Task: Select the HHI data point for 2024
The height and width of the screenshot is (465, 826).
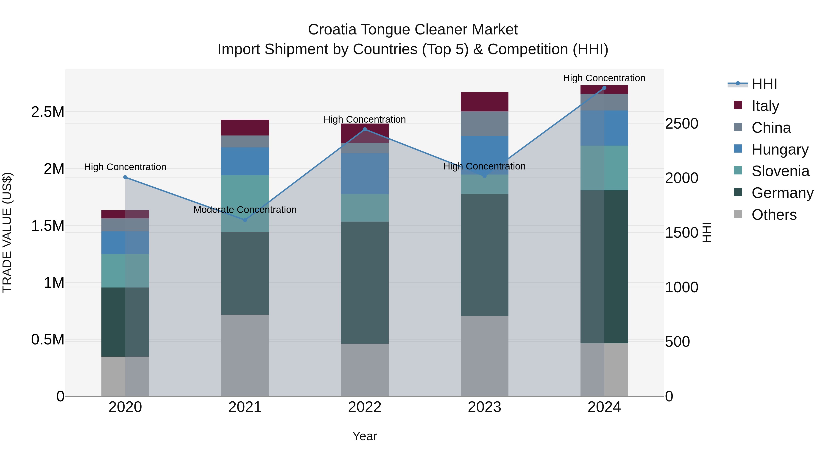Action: point(604,88)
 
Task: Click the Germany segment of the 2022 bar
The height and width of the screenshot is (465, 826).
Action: point(365,282)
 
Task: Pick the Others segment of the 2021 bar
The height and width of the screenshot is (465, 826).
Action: point(245,355)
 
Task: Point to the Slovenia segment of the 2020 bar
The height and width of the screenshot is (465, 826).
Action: point(125,271)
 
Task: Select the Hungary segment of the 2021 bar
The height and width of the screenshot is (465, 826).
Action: point(245,161)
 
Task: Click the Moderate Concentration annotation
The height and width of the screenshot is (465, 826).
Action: point(245,210)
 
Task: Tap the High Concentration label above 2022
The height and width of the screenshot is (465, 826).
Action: point(365,119)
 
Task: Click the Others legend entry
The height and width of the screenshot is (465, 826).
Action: point(774,215)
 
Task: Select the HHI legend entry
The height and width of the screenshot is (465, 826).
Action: point(764,84)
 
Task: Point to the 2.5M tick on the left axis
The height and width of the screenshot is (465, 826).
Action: point(47,112)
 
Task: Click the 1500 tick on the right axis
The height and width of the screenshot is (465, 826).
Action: point(681,232)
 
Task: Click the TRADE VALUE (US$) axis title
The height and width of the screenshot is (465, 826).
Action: point(7,232)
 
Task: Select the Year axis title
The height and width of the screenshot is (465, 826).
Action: point(365,436)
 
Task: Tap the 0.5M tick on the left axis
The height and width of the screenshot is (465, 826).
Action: point(47,340)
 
